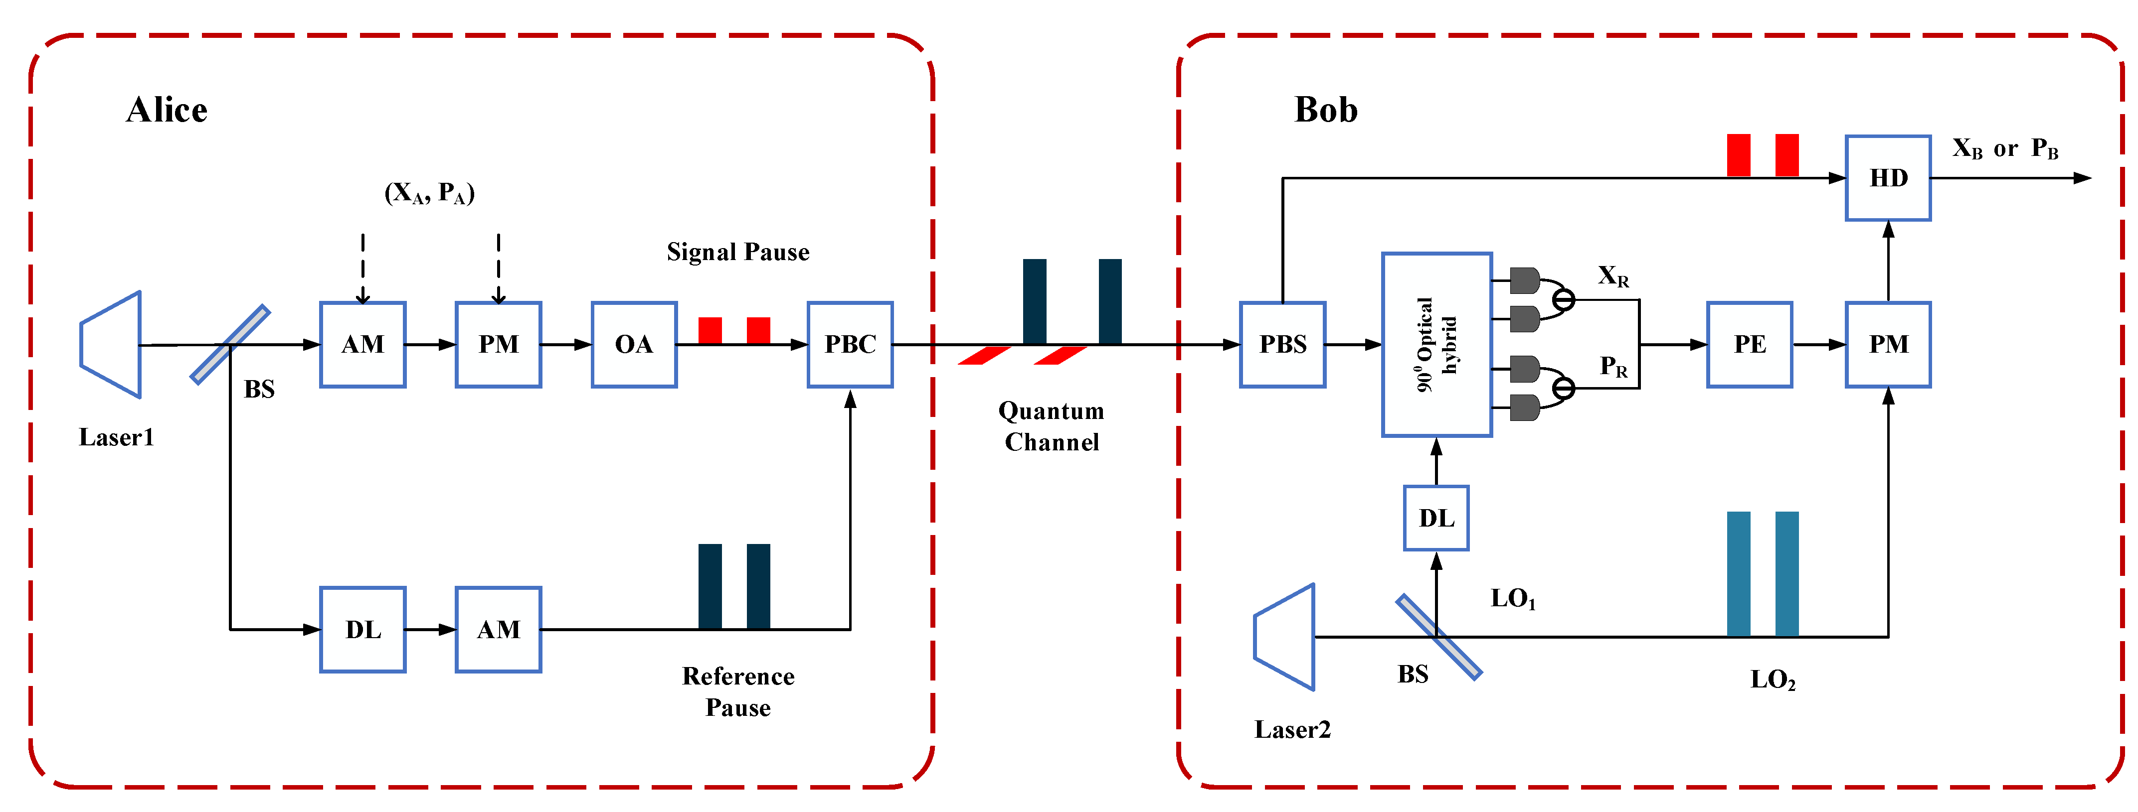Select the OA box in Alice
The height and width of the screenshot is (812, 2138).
tap(634, 344)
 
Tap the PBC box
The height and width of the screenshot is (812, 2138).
tap(850, 344)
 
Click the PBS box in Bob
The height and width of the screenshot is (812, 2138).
tap(1282, 344)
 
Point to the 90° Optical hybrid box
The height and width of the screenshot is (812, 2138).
tap(1436, 344)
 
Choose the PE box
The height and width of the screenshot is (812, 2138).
tap(1750, 344)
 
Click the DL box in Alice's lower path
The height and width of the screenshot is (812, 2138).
tap(362, 630)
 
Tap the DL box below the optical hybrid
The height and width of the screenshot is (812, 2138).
tap(1436, 519)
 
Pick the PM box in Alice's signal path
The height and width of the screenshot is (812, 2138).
tap(498, 344)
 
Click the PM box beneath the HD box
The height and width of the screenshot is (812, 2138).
tap(1888, 344)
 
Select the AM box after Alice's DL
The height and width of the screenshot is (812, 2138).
tap(498, 630)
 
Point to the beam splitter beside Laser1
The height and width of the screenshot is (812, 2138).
tap(230, 344)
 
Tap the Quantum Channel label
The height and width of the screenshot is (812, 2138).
tap(1052, 426)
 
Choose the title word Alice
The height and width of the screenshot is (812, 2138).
tap(167, 110)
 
